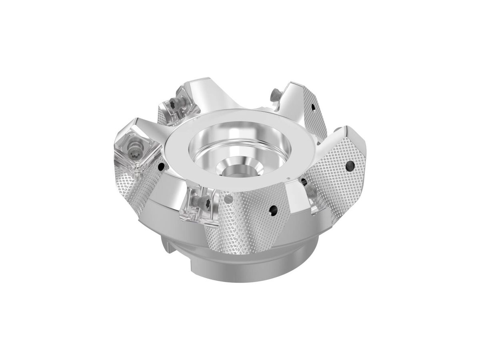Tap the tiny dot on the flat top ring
[x=289, y=178]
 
